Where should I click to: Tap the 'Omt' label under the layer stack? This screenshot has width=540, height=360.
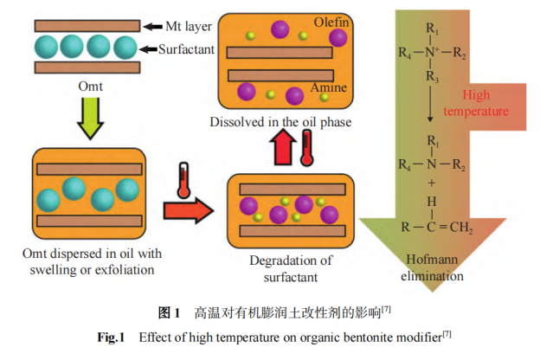(x=90, y=87)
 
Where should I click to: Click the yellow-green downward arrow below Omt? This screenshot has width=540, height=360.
(x=89, y=119)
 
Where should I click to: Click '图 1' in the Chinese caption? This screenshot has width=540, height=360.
(x=169, y=311)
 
